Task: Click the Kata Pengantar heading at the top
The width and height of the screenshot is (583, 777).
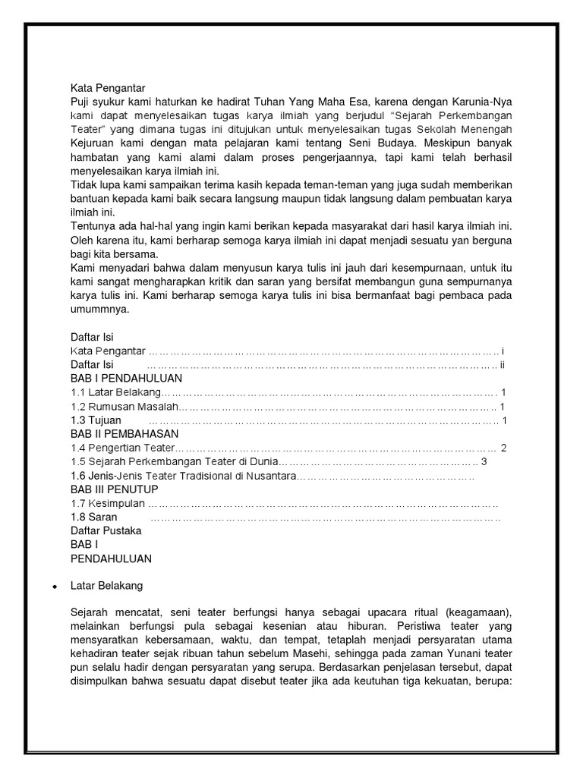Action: click(108, 87)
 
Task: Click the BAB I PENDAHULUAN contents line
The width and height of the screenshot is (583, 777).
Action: click(126, 378)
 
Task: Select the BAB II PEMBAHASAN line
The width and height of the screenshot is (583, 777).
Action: click(124, 434)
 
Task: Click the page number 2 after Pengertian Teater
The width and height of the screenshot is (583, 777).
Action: click(503, 448)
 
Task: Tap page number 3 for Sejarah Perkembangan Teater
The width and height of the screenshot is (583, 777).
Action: click(483, 461)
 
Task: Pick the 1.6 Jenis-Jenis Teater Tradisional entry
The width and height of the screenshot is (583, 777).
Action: click(181, 476)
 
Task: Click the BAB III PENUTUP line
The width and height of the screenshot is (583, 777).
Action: click(115, 489)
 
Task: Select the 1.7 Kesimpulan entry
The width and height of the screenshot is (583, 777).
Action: click(107, 504)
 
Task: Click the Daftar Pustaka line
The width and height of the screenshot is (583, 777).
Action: click(106, 531)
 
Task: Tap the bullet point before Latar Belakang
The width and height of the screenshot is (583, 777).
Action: click(54, 587)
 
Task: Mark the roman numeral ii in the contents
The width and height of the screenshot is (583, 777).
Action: click(502, 364)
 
